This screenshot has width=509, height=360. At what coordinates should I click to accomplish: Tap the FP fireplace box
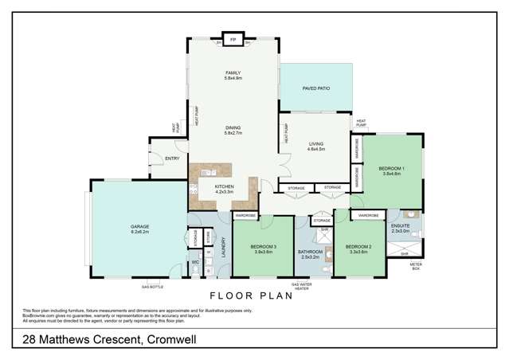tap(233, 38)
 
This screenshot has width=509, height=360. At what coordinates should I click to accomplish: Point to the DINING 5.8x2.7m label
tap(233, 131)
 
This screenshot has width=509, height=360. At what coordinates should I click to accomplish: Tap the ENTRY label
tap(172, 158)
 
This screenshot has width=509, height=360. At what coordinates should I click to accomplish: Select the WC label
tap(194, 262)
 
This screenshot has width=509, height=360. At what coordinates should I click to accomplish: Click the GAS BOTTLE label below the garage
tap(152, 285)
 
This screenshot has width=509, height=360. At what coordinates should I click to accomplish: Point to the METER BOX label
tap(414, 265)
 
